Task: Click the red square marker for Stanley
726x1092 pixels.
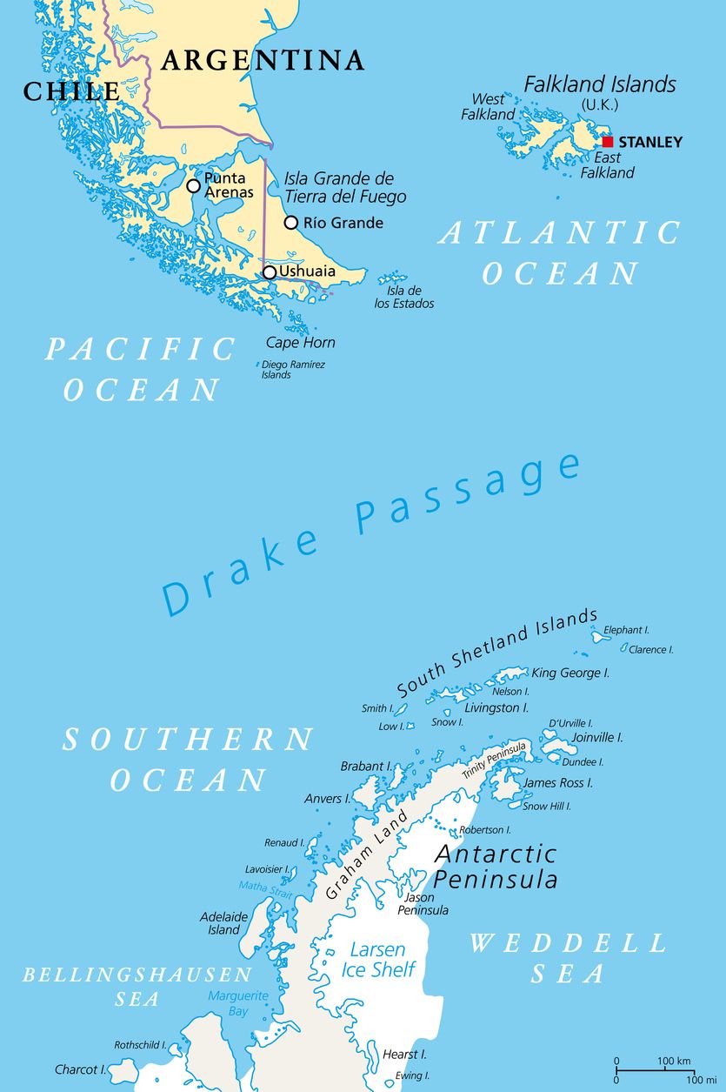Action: (608, 142)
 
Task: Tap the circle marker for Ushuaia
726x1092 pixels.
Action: (270, 272)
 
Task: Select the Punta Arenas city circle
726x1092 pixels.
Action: (193, 185)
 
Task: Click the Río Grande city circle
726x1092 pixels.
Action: (291, 223)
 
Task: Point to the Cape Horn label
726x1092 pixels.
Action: (300, 343)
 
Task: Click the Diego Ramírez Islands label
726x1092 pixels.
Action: (293, 370)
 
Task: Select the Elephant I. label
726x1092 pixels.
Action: (626, 630)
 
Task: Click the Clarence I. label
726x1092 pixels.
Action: (650, 650)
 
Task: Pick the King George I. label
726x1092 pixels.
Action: (570, 673)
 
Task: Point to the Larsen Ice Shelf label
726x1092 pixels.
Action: (378, 960)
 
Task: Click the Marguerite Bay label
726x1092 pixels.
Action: (228, 1003)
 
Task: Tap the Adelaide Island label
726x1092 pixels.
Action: (223, 923)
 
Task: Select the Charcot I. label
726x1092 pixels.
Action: (80, 1069)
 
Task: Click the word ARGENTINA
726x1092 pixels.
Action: (262, 60)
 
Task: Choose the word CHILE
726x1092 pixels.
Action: (71, 91)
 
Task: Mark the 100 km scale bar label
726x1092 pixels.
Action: (673, 1062)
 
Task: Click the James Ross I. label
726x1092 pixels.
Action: (557, 783)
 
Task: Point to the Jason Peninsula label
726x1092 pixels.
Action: (423, 903)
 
